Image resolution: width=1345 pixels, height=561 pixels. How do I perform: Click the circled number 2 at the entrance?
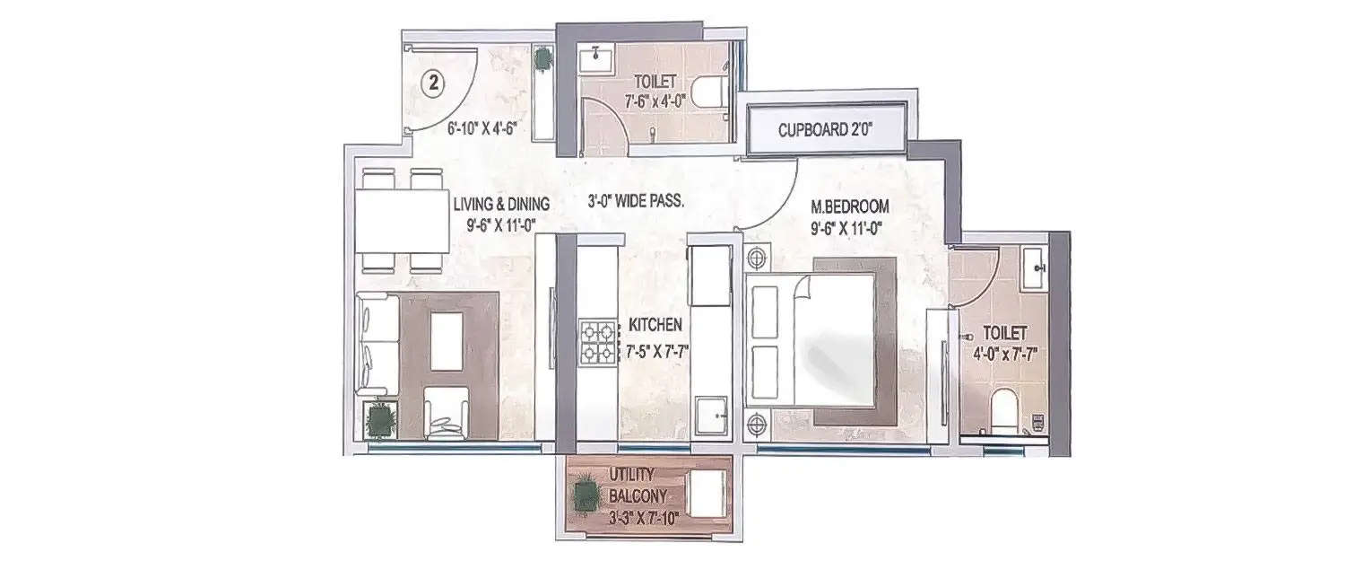coord(433,84)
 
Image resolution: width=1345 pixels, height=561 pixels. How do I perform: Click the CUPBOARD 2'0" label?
coord(826,130)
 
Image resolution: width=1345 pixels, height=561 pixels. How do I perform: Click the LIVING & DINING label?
coord(501,204)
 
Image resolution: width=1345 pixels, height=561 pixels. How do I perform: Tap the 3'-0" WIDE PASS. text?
coord(637,203)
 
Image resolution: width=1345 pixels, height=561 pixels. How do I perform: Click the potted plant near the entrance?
coord(543,60)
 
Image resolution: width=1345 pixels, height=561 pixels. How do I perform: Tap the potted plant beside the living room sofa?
coord(382,420)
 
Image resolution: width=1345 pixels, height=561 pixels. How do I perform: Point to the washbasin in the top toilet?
coord(594,61)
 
